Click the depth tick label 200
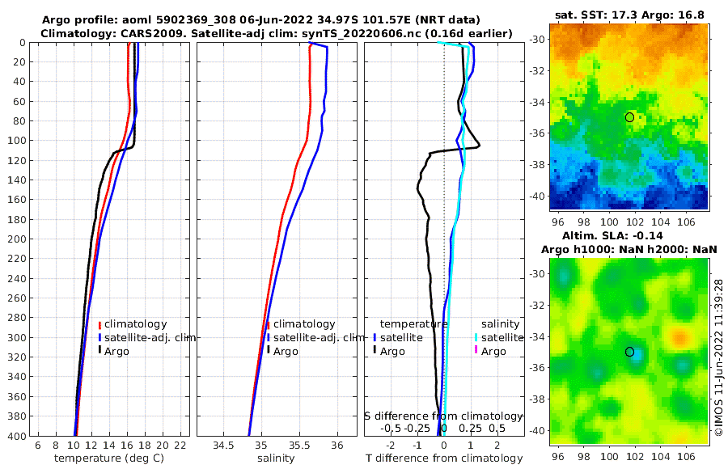(15, 239)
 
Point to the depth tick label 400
(15, 436)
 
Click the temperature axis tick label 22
(180, 446)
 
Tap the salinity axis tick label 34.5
(222, 446)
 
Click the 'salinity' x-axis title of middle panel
(276, 458)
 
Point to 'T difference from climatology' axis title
(443, 458)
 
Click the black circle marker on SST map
(629, 117)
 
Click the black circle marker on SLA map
(629, 352)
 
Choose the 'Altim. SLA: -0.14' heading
(630, 236)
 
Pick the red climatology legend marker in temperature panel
(100, 325)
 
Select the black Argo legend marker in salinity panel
(268, 351)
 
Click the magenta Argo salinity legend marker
(477, 351)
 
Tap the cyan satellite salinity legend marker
(477, 337)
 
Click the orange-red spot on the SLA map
(680, 336)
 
